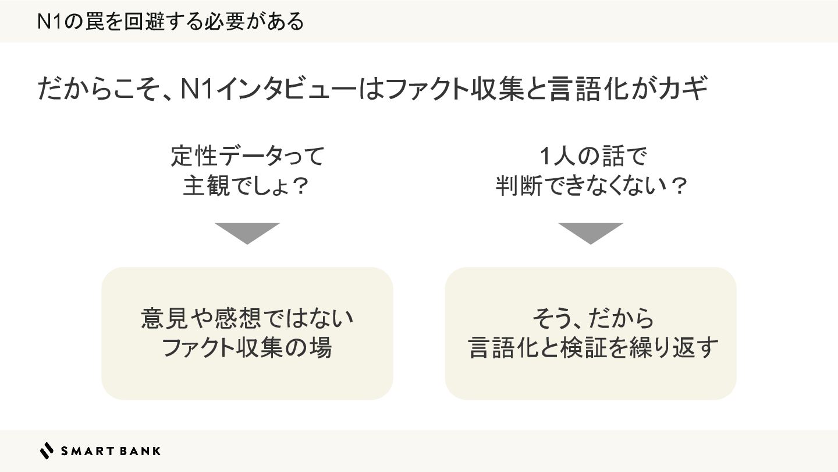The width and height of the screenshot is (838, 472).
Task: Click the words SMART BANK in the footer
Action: coord(111,450)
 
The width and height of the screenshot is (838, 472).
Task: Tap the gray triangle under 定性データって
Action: coord(247,232)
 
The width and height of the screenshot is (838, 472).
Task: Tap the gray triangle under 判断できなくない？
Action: coord(591,232)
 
